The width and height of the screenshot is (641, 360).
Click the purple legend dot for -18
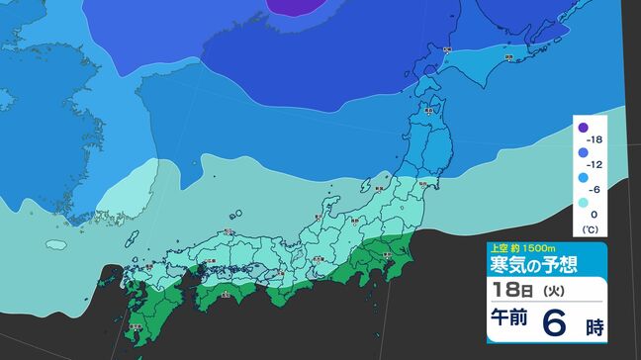coord(584,128)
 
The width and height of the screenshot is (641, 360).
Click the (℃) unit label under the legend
coord(592,228)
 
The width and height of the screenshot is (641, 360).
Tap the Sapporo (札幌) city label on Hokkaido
coord(447,49)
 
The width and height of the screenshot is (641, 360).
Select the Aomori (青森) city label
coord(428,111)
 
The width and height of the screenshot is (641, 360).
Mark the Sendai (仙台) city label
coord(423,183)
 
